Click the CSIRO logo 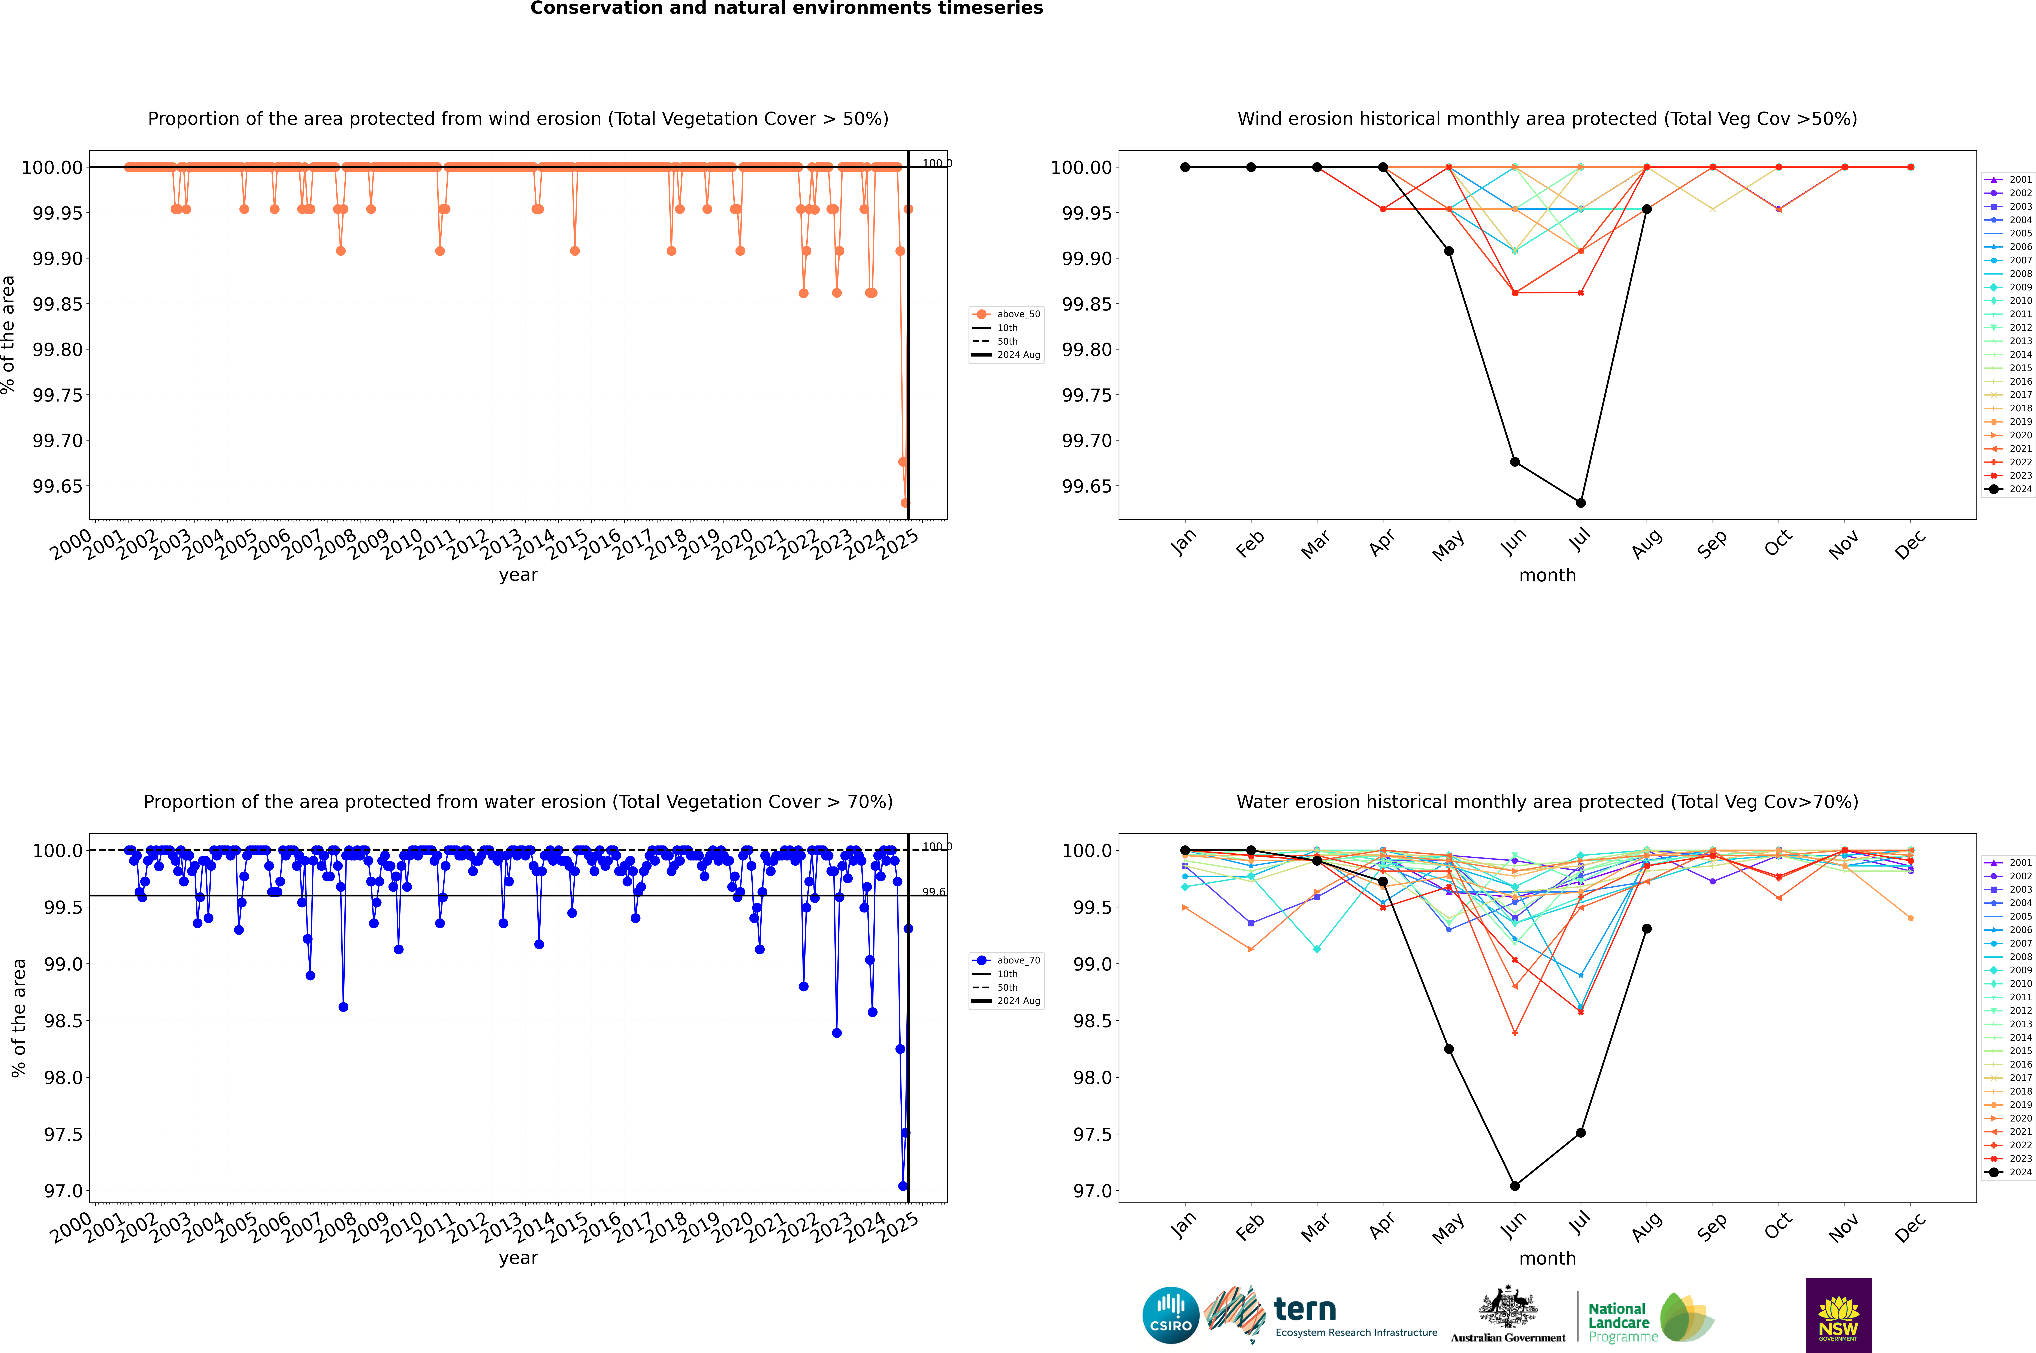click(x=1170, y=1315)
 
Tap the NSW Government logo click(x=1838, y=1315)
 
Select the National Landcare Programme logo click(x=1650, y=1317)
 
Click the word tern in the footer click(x=1305, y=1310)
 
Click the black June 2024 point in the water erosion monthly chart click(x=1515, y=1186)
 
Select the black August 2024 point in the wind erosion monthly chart click(x=1647, y=209)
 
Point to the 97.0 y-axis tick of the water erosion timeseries click(x=64, y=1191)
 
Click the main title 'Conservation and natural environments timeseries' click(x=786, y=9)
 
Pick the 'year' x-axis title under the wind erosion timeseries click(x=518, y=575)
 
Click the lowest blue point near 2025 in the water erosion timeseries click(x=903, y=1186)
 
